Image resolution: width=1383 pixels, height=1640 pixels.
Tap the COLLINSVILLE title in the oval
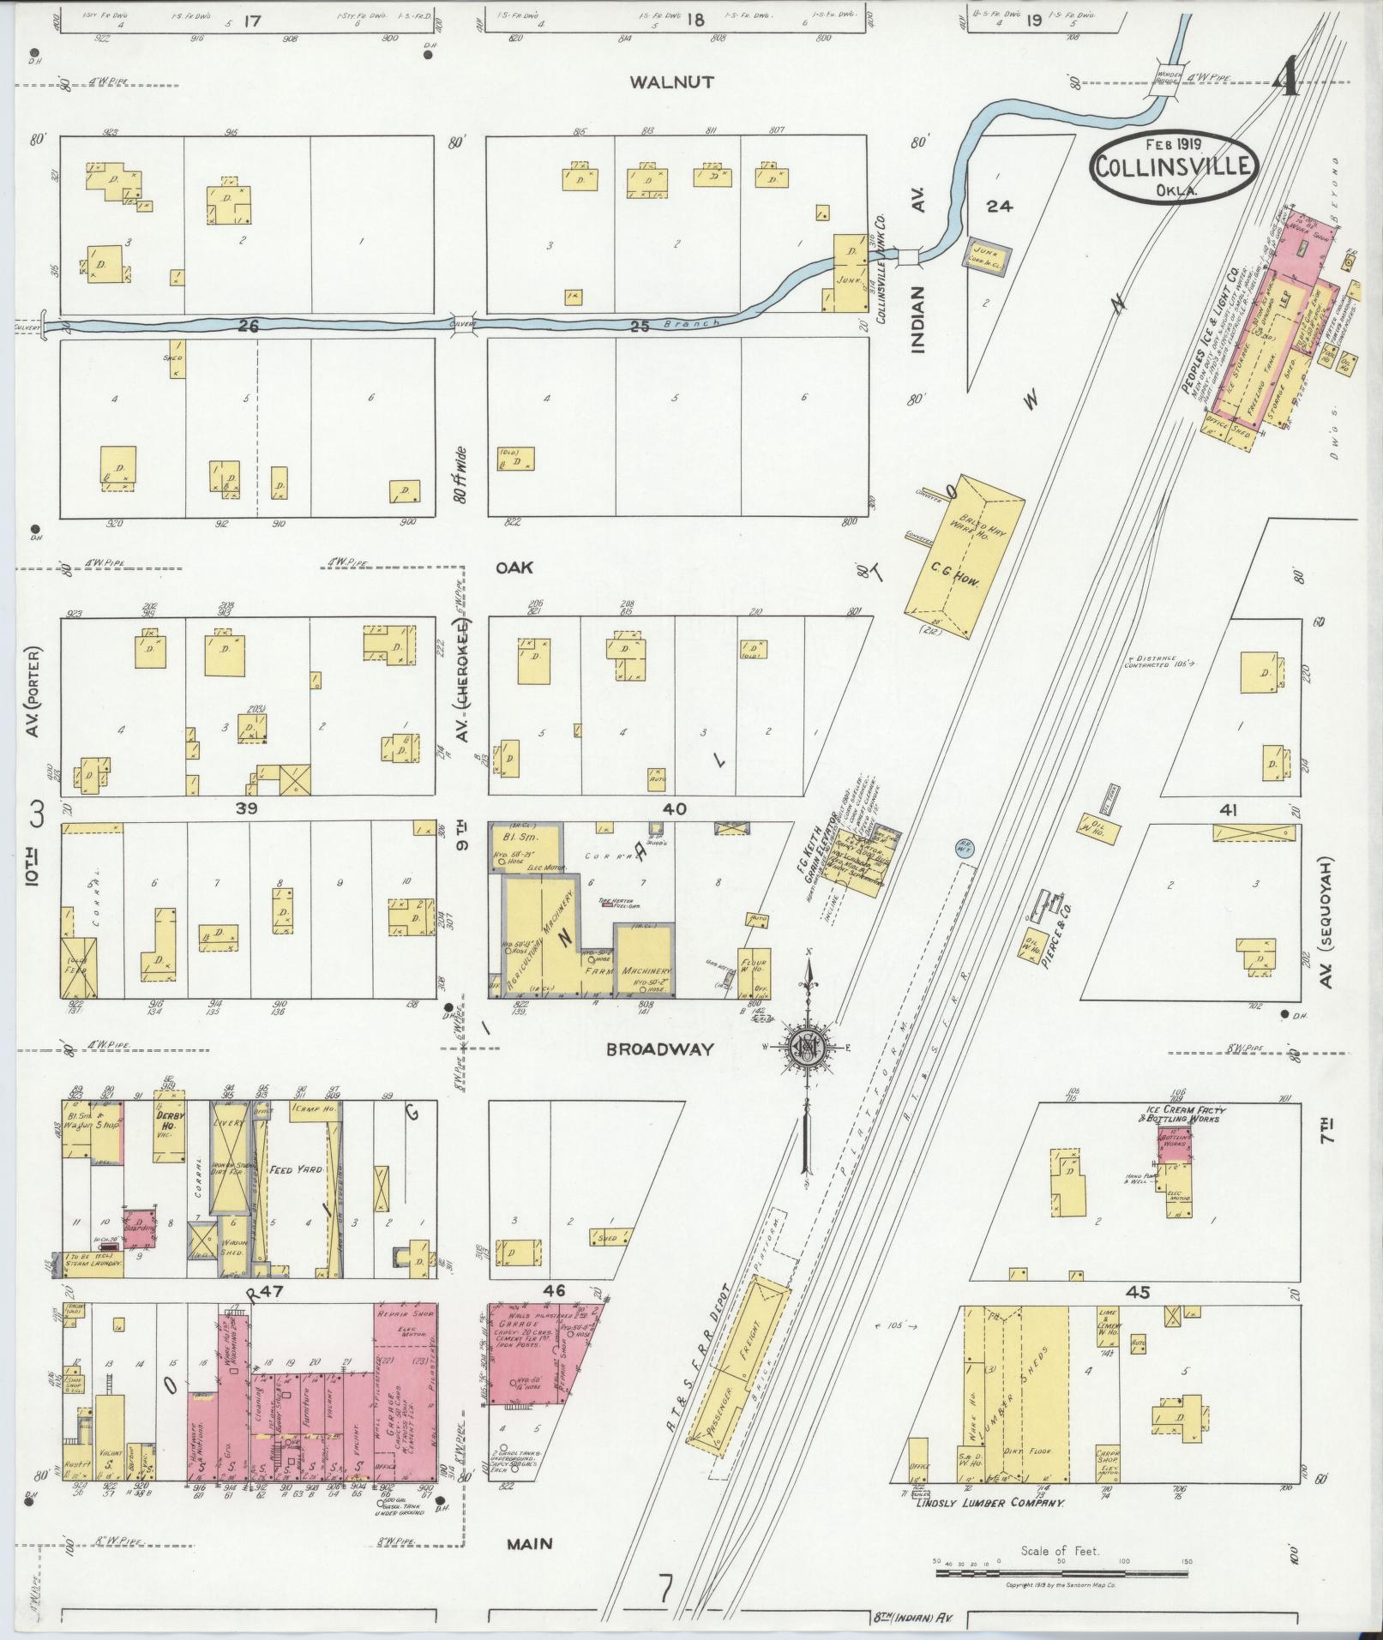[x=1175, y=167]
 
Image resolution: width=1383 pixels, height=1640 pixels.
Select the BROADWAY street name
[x=671, y=1048]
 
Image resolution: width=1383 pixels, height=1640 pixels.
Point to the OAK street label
[x=514, y=568]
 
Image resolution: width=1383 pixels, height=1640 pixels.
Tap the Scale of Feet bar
[x=1060, y=1574]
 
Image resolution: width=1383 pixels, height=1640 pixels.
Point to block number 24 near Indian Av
[x=1000, y=206]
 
